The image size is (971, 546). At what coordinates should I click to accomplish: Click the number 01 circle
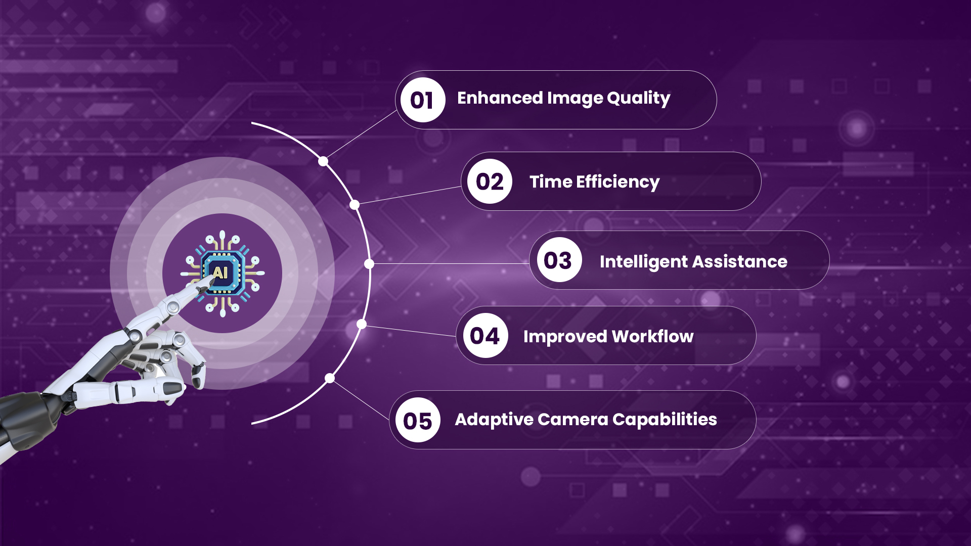(423, 100)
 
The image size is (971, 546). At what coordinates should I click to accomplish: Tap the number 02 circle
(490, 181)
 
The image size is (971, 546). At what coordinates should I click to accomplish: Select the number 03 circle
(559, 260)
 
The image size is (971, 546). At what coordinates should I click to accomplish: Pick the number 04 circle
(485, 336)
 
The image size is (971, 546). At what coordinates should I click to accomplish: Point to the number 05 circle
(418, 420)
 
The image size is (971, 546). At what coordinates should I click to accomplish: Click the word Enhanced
(500, 98)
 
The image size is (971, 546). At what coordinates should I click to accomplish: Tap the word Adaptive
(494, 420)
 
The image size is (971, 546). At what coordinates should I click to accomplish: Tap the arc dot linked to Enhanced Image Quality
(323, 162)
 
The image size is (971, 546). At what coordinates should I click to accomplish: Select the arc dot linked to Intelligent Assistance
(369, 264)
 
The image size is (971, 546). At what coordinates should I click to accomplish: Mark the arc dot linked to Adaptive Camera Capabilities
(330, 378)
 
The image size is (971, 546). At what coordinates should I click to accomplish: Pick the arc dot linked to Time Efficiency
(355, 205)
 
